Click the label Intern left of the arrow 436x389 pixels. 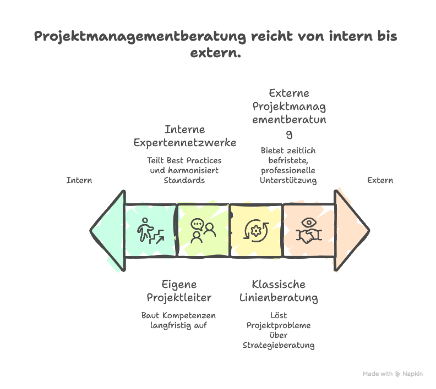coord(79,180)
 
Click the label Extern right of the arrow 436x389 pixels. coord(380,180)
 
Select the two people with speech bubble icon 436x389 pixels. coord(203,231)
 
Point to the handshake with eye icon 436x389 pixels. coord(309,231)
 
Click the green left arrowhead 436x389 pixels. coord(108,230)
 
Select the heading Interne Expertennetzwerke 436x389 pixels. coord(184,136)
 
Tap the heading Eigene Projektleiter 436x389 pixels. coord(179,291)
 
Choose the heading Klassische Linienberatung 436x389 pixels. coord(279,291)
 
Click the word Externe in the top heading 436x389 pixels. coord(289,93)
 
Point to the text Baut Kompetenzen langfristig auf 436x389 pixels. coord(179,320)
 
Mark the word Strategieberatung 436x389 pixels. coord(279,345)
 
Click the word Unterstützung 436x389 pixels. coord(288,180)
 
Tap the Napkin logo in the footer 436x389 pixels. coord(398,374)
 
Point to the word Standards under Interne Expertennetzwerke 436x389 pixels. coord(184,180)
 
